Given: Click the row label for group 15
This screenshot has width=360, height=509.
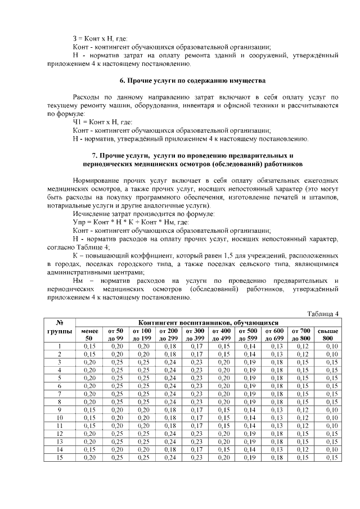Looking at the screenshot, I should (60, 458).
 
